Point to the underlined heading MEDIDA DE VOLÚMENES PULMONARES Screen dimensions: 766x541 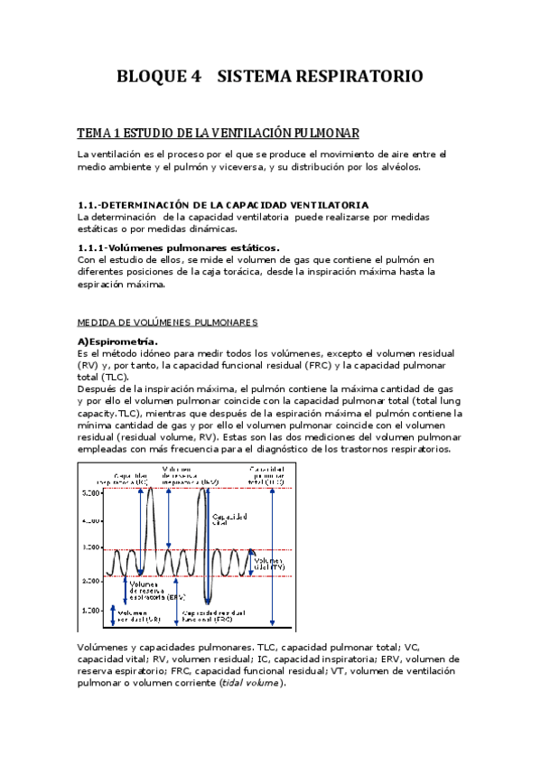[x=167, y=322]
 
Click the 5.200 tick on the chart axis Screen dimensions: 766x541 [x=91, y=493]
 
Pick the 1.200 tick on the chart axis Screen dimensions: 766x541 [x=91, y=611]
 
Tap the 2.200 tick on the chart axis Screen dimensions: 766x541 [x=91, y=581]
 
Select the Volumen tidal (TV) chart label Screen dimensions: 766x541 [x=271, y=564]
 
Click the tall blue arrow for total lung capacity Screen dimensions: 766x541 [x=272, y=556]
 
